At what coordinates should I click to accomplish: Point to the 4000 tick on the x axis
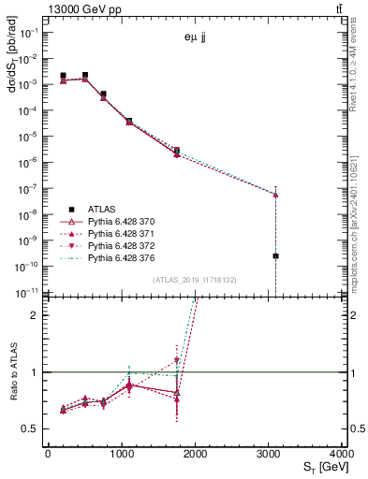coord(344,454)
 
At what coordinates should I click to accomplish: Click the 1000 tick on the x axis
coord(122,454)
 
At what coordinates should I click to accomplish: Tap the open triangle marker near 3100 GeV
coord(276,195)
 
